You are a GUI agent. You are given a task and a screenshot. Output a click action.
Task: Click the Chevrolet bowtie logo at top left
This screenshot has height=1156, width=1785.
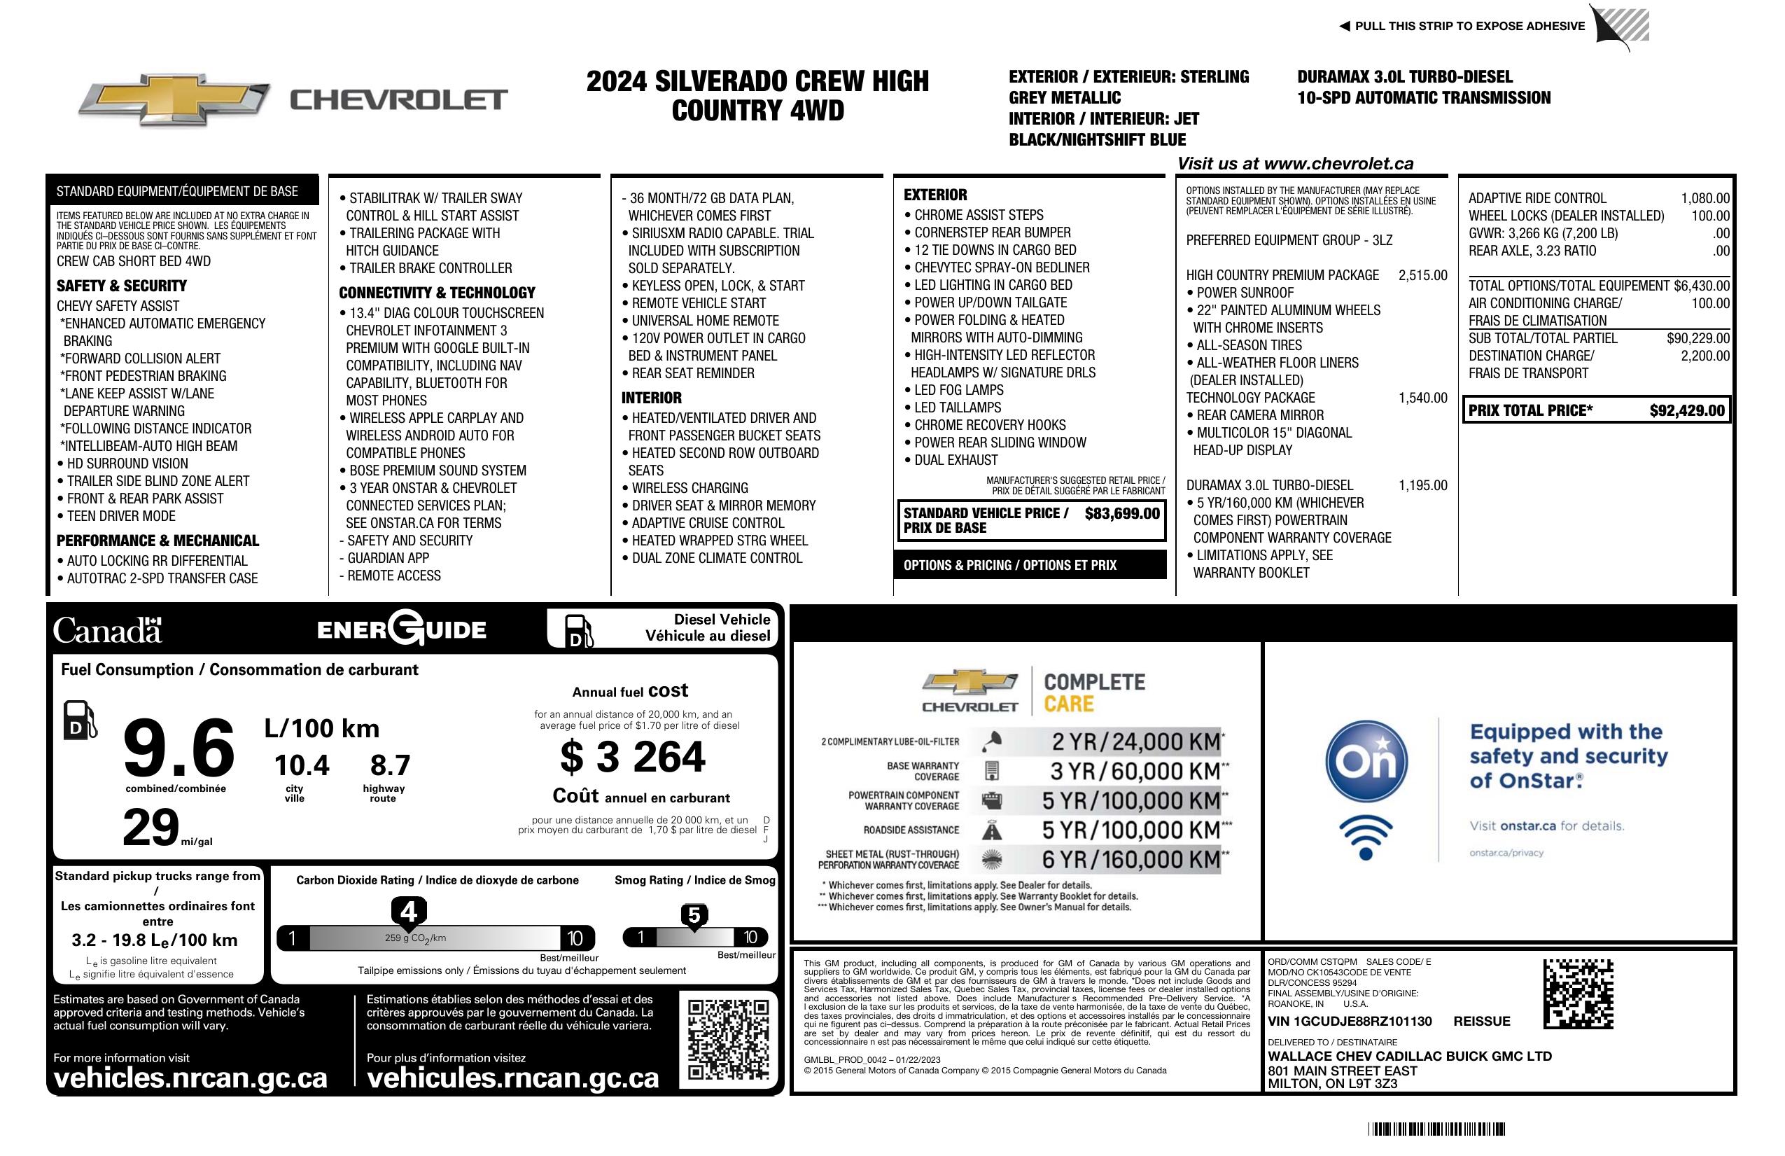click(x=174, y=99)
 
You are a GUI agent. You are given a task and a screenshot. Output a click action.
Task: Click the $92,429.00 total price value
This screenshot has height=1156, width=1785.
click(x=1687, y=410)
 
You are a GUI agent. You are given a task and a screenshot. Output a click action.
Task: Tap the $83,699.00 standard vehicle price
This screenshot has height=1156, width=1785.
click(x=1122, y=514)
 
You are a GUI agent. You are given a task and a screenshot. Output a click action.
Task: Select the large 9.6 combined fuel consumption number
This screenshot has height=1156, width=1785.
click(x=179, y=748)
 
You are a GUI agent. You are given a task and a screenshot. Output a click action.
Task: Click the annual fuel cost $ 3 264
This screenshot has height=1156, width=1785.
click(x=632, y=757)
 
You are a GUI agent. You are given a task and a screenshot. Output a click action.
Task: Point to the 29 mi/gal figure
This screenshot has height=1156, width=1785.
click(x=153, y=828)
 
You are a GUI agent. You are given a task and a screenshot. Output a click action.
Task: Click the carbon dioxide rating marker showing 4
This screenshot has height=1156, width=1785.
click(x=409, y=912)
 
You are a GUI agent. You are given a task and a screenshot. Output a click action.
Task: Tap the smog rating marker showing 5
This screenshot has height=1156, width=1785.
click(x=694, y=916)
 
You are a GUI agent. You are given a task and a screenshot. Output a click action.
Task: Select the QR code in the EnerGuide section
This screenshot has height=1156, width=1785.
click(x=728, y=1038)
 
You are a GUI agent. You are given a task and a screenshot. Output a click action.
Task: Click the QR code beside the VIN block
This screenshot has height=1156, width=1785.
click(x=1578, y=994)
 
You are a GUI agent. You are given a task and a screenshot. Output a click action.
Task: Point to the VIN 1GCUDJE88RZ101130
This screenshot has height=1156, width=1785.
click(x=1350, y=1021)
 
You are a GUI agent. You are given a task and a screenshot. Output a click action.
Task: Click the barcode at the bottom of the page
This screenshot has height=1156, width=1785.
click(x=1436, y=1129)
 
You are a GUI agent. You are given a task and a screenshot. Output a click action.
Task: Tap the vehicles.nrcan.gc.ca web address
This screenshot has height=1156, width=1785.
click(x=190, y=1078)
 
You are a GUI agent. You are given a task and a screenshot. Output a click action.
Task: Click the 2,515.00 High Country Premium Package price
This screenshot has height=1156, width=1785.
click(x=1422, y=275)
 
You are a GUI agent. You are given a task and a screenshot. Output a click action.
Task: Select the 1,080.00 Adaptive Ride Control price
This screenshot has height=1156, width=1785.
click(x=1704, y=199)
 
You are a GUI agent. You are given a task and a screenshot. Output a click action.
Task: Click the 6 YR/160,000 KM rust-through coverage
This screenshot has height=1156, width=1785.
click(x=1131, y=860)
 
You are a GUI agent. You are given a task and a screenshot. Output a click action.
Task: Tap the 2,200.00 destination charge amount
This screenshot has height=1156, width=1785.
click(x=1704, y=356)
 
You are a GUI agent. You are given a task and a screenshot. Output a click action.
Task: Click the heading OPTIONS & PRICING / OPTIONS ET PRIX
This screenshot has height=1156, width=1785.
click(x=1009, y=566)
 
